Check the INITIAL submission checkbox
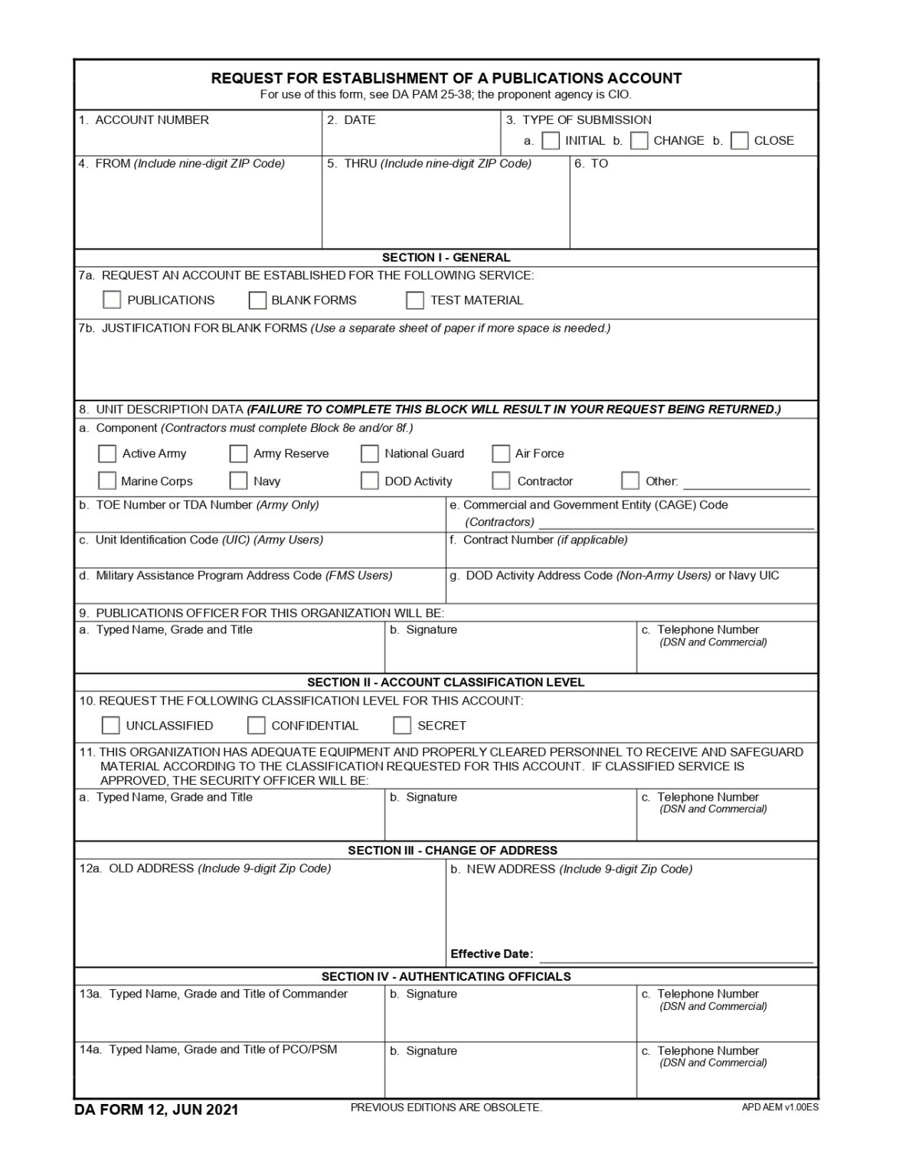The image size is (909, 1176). [x=550, y=141]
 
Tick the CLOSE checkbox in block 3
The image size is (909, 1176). [x=739, y=141]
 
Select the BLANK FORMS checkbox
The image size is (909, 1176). [x=257, y=300]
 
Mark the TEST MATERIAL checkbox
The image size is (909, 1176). [x=415, y=300]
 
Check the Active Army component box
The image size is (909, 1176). [x=107, y=454]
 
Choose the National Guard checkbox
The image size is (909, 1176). [x=370, y=454]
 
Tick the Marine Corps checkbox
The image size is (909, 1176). [x=107, y=481]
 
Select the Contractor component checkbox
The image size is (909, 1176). [x=501, y=481]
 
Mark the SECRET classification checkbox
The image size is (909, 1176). [x=402, y=725]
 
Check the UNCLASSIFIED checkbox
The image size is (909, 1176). [x=111, y=725]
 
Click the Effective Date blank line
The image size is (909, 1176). [x=675, y=955]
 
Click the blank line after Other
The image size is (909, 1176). [x=746, y=482]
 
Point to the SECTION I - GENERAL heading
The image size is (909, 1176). [x=446, y=257]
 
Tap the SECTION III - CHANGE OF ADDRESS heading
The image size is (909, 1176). [x=452, y=851]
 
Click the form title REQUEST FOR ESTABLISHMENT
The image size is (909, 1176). [x=446, y=78]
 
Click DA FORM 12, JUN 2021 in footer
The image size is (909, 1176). [x=156, y=1109]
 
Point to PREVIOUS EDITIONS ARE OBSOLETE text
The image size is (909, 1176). [x=446, y=1108]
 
